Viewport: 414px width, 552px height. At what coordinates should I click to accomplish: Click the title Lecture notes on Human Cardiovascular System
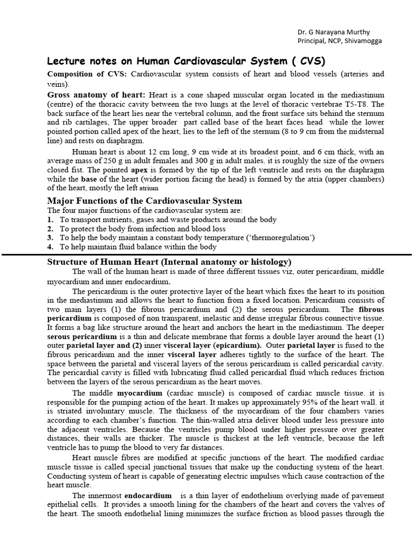pos(187,60)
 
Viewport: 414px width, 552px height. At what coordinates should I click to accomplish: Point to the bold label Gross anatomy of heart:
pos(98,94)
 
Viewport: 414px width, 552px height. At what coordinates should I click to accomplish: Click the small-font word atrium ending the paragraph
pos(149,189)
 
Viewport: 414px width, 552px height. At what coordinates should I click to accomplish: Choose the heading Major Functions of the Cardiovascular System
pos(144,201)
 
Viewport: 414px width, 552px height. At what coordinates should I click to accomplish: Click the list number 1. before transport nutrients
pos(50,219)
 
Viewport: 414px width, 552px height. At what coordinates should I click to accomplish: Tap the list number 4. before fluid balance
pos(50,246)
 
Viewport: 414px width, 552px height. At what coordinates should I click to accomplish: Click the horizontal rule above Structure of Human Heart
pos(207,254)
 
